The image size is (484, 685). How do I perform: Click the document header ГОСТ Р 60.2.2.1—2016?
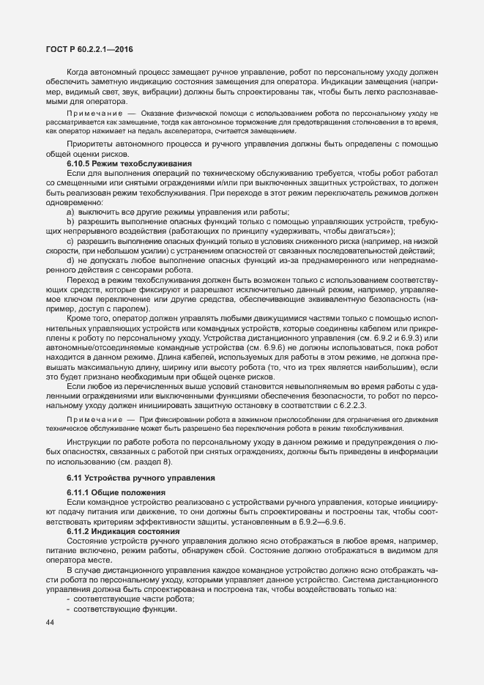[x=84, y=48]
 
